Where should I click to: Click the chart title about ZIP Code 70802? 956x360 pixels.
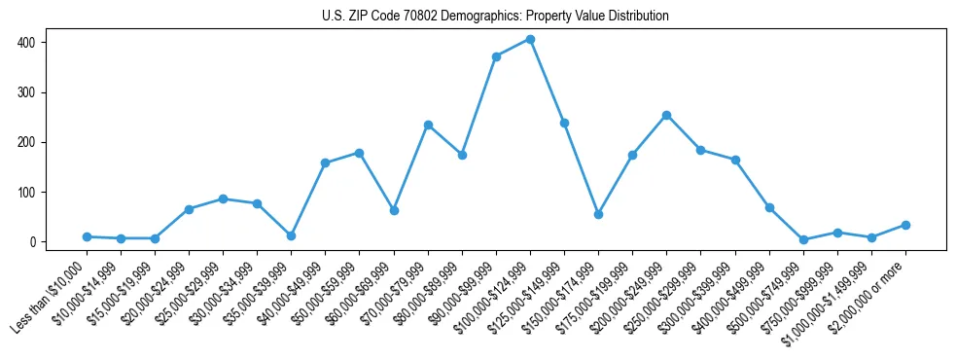point(495,17)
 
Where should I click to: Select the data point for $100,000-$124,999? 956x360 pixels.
point(530,39)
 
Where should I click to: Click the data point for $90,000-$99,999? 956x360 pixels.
point(496,56)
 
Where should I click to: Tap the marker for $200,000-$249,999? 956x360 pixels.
point(666,115)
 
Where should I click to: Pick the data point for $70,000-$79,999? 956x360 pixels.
point(428,125)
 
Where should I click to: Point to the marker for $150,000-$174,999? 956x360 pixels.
point(598,214)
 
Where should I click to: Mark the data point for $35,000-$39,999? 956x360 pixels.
point(291,235)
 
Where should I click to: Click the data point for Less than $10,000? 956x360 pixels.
point(87,236)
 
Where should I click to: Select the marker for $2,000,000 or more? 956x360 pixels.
point(905,225)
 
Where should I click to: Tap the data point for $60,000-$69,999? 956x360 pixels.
point(394,210)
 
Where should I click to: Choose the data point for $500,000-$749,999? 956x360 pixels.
point(803,239)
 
